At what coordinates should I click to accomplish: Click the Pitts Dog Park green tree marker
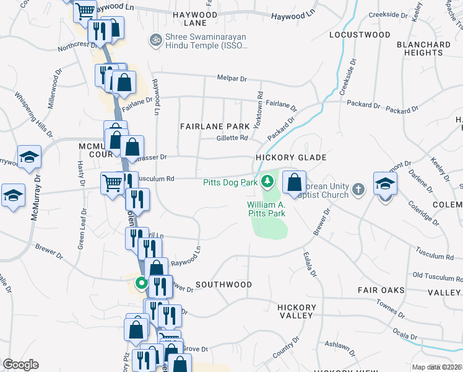267,182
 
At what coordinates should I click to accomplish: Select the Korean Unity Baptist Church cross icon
357,188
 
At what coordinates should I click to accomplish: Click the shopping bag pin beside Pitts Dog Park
295,183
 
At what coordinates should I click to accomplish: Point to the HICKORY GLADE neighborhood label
291,157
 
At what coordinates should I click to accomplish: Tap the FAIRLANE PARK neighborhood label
214,126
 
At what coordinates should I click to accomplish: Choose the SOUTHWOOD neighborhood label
223,285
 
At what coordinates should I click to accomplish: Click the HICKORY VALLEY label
295,311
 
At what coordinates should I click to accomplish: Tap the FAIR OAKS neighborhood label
381,290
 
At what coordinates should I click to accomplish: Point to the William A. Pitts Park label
266,208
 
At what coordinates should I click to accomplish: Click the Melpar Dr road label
231,79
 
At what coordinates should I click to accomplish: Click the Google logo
20,365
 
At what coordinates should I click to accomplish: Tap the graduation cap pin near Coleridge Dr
385,184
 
